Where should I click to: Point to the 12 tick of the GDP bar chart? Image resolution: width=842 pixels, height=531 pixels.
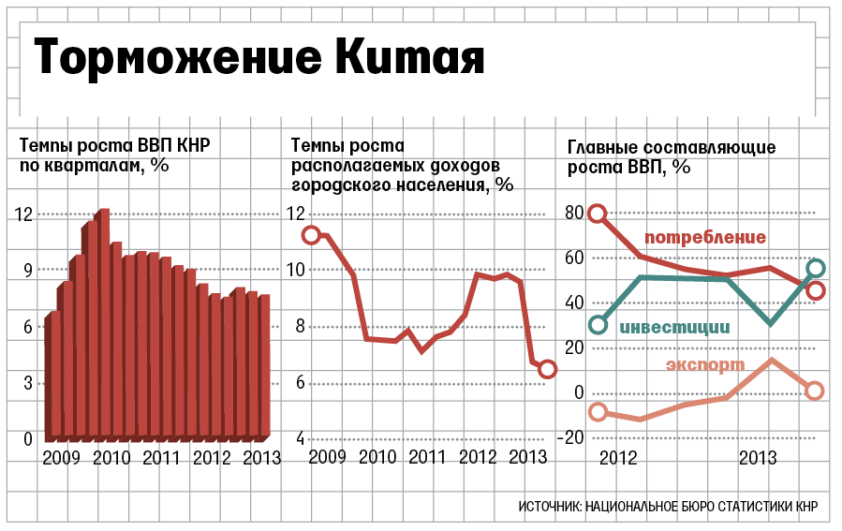tap(23, 214)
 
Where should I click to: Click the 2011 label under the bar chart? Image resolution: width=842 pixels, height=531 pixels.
tap(161, 458)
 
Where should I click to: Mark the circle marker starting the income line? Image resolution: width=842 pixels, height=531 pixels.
tap(312, 235)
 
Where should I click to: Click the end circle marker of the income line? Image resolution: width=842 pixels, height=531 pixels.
tap(548, 369)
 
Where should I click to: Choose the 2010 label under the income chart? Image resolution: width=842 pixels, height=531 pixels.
tap(377, 458)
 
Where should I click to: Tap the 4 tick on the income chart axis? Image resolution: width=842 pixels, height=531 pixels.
tap(300, 439)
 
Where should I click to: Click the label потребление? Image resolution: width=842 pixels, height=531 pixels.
tap(706, 237)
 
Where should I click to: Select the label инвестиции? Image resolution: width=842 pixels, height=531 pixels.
tap(674, 328)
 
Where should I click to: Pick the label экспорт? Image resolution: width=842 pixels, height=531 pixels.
tap(705, 364)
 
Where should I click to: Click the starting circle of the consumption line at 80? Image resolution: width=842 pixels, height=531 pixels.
tap(598, 214)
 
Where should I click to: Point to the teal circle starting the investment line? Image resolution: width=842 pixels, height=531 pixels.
tap(598, 325)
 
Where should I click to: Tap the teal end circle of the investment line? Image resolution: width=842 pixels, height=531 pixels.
tap(815, 268)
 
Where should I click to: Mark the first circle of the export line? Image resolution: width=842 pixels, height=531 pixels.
tap(598, 412)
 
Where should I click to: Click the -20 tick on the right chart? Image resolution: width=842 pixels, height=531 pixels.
tap(573, 438)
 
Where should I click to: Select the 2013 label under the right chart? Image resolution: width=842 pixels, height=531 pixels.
tap(758, 459)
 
